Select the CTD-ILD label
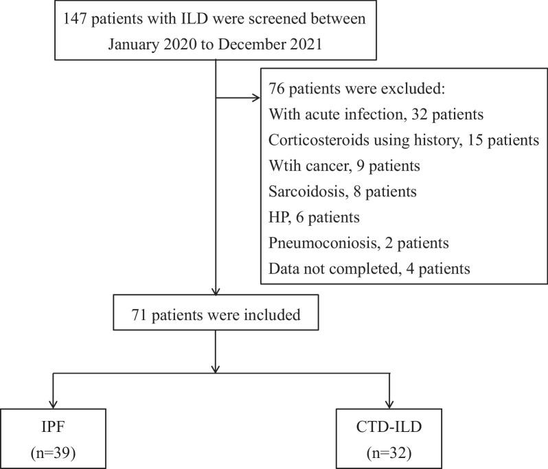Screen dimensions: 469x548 tap(391, 430)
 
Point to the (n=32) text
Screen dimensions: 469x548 tap(391, 455)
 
